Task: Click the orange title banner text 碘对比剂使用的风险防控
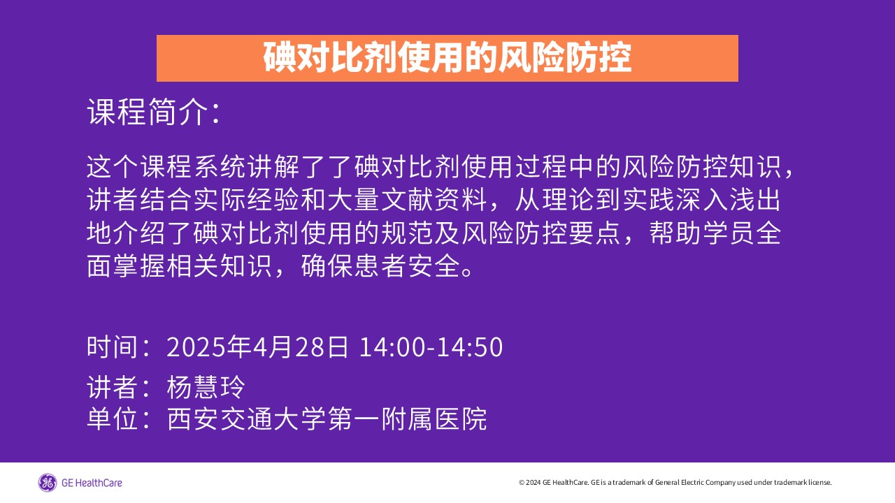(x=447, y=58)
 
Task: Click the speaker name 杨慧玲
(x=206, y=387)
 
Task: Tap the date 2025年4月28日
(x=257, y=347)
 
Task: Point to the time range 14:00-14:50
(x=431, y=347)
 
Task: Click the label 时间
(x=113, y=347)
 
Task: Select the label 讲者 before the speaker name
(x=113, y=387)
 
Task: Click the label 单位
(x=113, y=418)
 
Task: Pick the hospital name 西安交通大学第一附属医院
(x=327, y=418)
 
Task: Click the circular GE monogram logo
(x=47, y=483)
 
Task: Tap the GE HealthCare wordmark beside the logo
(x=92, y=483)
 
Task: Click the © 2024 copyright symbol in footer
(x=522, y=483)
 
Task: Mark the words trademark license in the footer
(x=803, y=482)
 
